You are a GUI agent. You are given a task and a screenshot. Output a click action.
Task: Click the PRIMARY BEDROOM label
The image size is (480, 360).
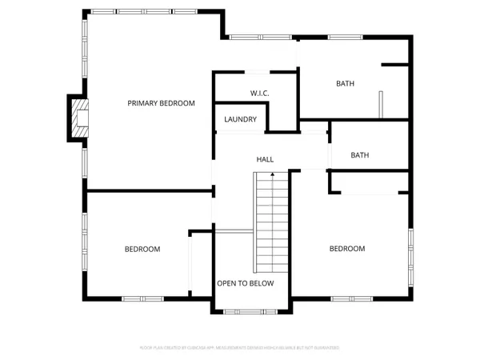[x=162, y=103]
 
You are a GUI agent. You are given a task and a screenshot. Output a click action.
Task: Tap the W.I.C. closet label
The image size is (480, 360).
[x=259, y=94]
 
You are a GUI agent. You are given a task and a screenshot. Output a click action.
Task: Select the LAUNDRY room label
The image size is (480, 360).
[x=241, y=120]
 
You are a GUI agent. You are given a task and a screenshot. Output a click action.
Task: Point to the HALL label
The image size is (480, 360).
[x=265, y=160]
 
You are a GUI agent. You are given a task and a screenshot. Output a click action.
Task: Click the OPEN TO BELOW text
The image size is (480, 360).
[x=246, y=284]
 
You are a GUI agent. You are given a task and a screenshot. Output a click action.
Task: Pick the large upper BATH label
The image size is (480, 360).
[x=345, y=83]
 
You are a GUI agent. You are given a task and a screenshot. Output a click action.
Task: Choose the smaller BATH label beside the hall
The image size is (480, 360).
[x=360, y=155]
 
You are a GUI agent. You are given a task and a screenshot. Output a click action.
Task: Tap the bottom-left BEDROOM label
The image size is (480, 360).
[x=142, y=250]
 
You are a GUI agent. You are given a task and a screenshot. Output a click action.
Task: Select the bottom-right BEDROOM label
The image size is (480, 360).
[x=347, y=249]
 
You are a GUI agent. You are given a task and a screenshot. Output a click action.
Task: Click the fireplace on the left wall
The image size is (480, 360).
[x=78, y=118]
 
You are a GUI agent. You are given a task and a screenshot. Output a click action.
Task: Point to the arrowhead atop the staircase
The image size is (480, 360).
[x=272, y=174]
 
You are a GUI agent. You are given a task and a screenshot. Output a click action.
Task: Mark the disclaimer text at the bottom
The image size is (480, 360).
[x=240, y=348]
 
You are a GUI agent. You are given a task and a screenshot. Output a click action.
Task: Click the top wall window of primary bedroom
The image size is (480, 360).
[x=140, y=11]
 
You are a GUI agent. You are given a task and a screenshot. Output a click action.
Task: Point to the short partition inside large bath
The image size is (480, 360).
[x=382, y=105]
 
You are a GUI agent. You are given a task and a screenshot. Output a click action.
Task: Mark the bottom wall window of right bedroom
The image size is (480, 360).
[x=352, y=298]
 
